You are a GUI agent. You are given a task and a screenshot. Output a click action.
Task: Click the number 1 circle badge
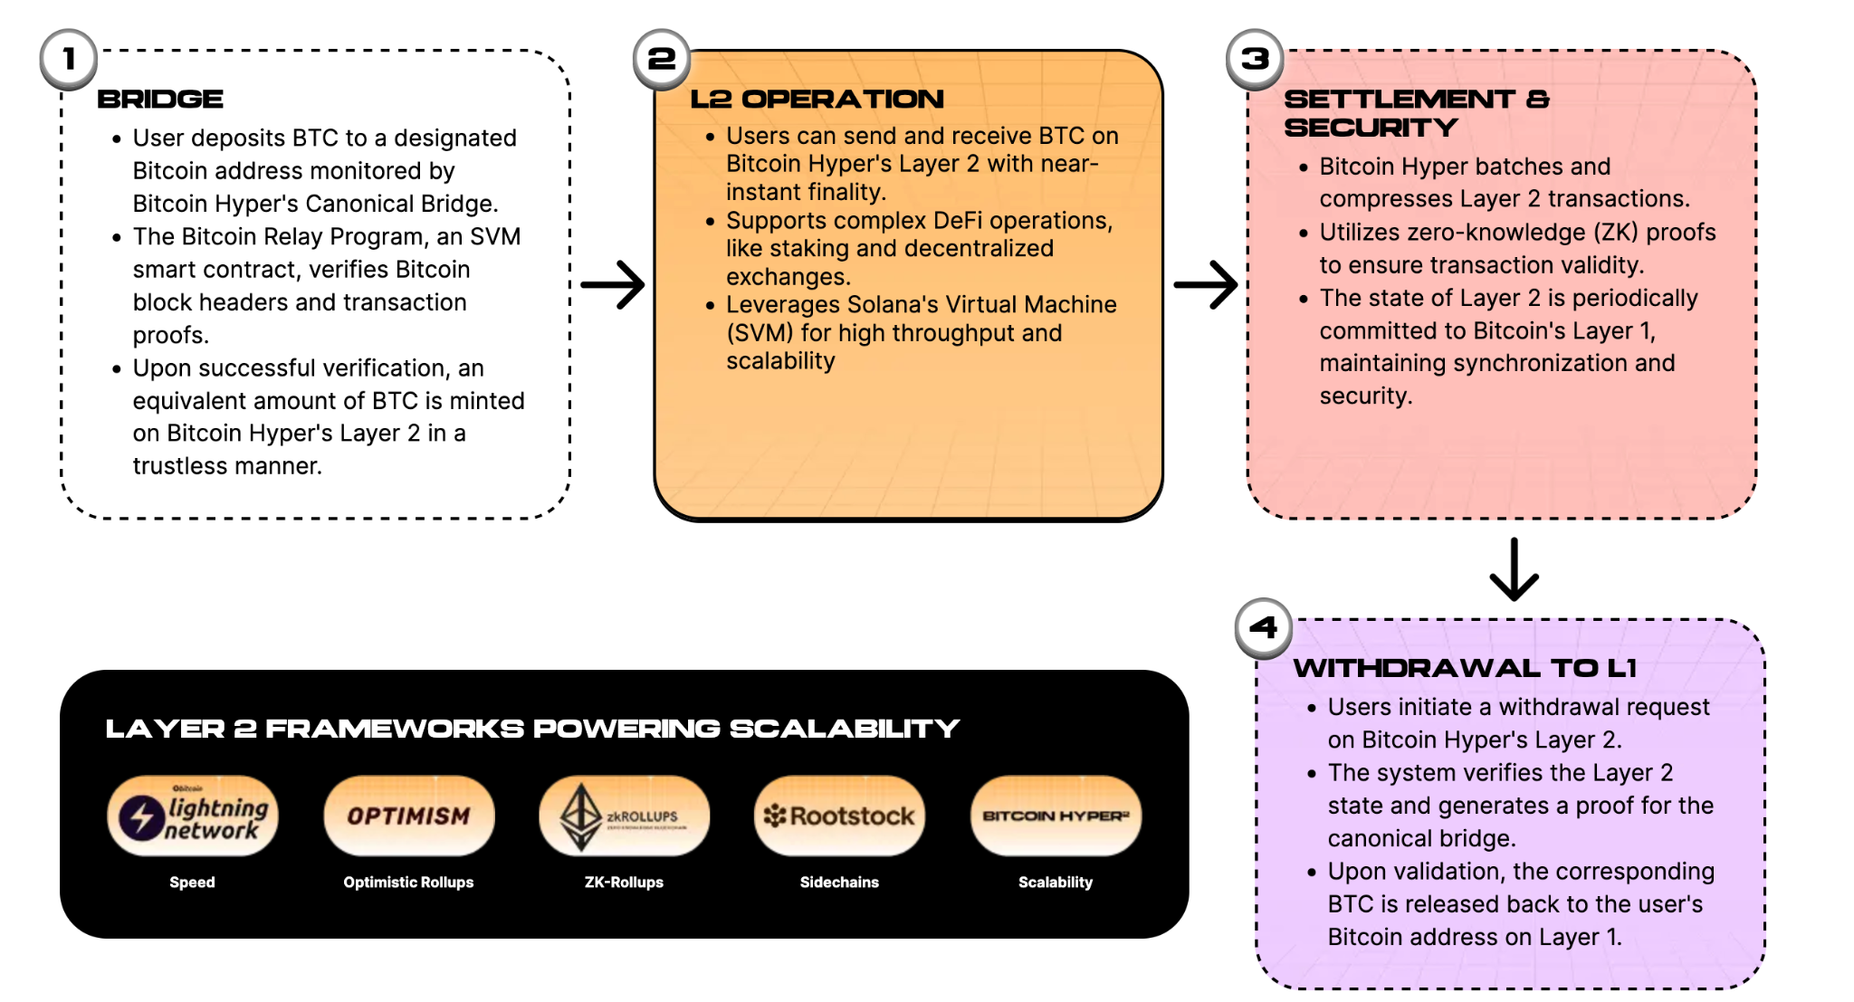pyautogui.click(x=69, y=60)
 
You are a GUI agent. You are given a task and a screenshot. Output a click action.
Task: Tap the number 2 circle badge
pyautogui.click(x=662, y=60)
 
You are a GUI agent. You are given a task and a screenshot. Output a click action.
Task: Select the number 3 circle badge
pyautogui.click(x=1255, y=60)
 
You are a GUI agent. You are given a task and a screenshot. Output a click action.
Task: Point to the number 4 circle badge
pyautogui.click(x=1264, y=628)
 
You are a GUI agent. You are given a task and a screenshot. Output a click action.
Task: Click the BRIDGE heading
pyautogui.click(x=160, y=99)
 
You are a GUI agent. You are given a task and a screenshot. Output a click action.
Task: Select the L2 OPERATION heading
pyautogui.click(x=817, y=99)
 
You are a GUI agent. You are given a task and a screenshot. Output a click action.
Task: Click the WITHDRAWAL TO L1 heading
pyautogui.click(x=1465, y=668)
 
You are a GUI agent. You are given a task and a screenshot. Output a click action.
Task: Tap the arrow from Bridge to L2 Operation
pyautogui.click(x=613, y=284)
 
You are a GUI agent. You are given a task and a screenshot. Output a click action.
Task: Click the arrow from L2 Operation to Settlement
pyautogui.click(x=1206, y=284)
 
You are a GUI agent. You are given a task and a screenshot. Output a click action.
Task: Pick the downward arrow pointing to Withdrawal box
pyautogui.click(x=1515, y=569)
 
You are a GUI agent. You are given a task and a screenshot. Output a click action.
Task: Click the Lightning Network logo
pyautogui.click(x=193, y=816)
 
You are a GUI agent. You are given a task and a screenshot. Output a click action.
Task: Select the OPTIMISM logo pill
pyautogui.click(x=409, y=816)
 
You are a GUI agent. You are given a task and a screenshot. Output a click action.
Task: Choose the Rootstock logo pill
pyautogui.click(x=839, y=816)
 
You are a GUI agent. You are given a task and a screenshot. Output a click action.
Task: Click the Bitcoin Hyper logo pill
pyautogui.click(x=1056, y=816)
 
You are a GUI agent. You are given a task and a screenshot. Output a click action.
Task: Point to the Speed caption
pyautogui.click(x=193, y=882)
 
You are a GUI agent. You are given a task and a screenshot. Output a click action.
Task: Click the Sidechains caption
pyautogui.click(x=839, y=882)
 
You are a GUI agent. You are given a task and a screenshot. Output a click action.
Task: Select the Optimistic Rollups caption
pyautogui.click(x=408, y=882)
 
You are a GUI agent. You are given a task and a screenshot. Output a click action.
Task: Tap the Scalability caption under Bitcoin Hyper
pyautogui.click(x=1056, y=882)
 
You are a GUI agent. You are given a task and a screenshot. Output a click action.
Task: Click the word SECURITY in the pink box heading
pyautogui.click(x=1371, y=128)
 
